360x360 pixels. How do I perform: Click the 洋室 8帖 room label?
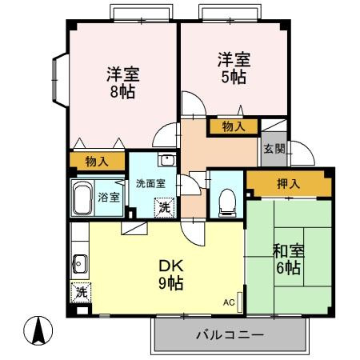tap(123, 82)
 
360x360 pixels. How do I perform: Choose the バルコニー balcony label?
tap(229, 336)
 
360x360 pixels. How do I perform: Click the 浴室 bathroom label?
tap(108, 197)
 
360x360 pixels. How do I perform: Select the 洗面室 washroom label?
tap(150, 182)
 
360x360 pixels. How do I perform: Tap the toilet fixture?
tap(226, 199)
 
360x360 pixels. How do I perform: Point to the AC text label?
tap(228, 303)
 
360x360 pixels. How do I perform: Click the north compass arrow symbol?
tap(38, 329)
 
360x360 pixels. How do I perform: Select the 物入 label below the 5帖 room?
tap(234, 126)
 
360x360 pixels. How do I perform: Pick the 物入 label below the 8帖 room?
tap(97, 162)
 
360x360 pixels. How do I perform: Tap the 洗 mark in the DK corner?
tap(81, 292)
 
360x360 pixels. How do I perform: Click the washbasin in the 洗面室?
tap(166, 159)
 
